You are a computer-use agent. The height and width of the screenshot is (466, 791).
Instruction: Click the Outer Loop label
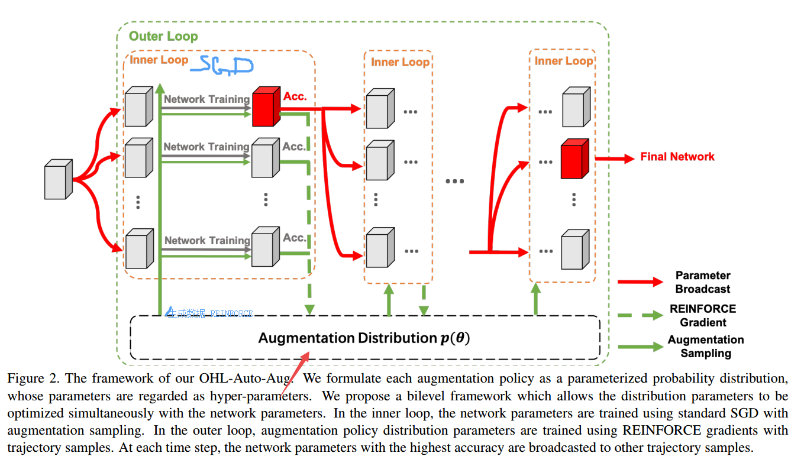pyautogui.click(x=163, y=36)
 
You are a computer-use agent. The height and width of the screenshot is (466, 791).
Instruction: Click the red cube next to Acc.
pyautogui.click(x=266, y=108)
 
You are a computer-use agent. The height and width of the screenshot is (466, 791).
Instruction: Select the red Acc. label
pyautogui.click(x=295, y=96)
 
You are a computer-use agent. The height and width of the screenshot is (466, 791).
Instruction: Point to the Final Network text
pyautogui.click(x=677, y=157)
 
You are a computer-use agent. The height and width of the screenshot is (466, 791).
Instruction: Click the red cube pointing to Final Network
pyautogui.click(x=574, y=158)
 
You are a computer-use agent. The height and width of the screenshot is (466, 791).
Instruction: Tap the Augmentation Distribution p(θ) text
pyautogui.click(x=364, y=338)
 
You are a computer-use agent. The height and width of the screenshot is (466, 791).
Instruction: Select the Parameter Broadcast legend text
pyautogui.click(x=703, y=282)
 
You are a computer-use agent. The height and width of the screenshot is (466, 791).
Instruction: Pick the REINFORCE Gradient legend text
pyautogui.click(x=703, y=315)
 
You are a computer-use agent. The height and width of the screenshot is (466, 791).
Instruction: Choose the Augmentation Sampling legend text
pyautogui.click(x=706, y=347)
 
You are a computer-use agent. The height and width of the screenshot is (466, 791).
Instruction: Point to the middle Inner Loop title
pyautogui.click(x=400, y=62)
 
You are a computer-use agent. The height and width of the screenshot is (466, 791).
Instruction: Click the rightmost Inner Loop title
pyautogui.click(x=563, y=61)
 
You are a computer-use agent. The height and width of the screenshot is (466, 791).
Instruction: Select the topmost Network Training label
pyautogui.click(x=206, y=99)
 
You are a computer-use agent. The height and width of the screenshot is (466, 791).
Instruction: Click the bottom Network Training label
pyautogui.click(x=207, y=241)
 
